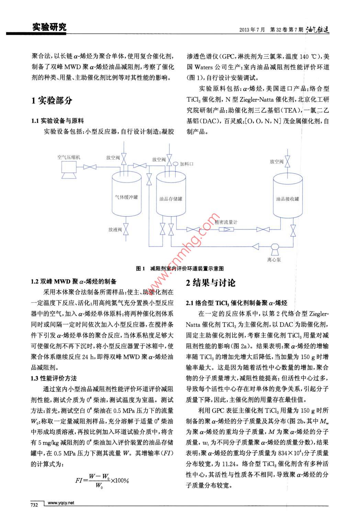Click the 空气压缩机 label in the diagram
pyautogui.click(x=69, y=157)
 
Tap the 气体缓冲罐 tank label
pyautogui.click(x=126, y=197)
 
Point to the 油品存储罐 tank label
pyautogui.click(x=171, y=199)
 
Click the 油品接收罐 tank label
pyautogui.click(x=288, y=199)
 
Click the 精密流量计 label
pyautogui.click(x=226, y=222)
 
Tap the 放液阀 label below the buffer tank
pyautogui.click(x=115, y=230)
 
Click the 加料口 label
pyautogui.click(x=187, y=164)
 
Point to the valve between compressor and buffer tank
pyautogui.click(x=91, y=167)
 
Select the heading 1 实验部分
pyautogui.click(x=52, y=101)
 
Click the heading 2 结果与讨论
pyautogui.click(x=211, y=283)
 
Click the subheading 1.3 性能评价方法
pyautogui.click(x=54, y=378)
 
